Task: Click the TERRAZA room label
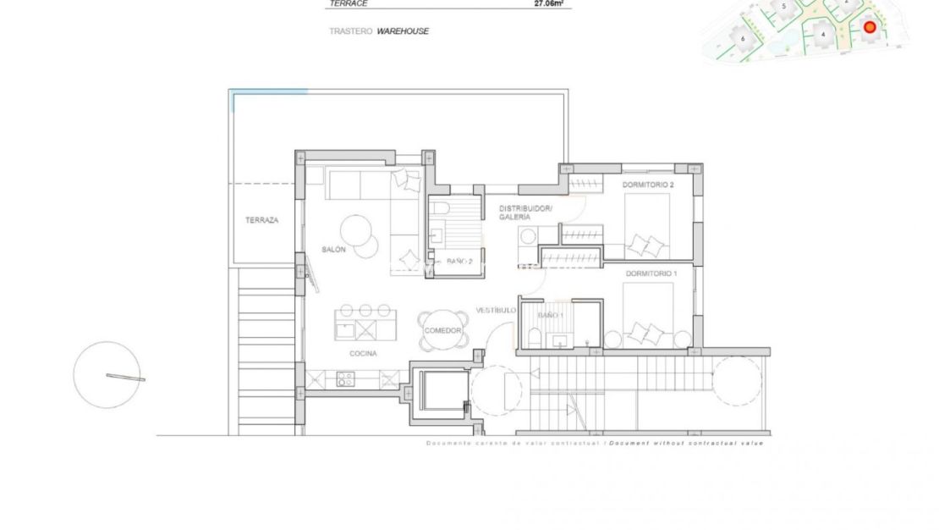261,220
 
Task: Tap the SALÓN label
333,249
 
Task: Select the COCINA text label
362,353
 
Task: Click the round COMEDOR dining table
442,330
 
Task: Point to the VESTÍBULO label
496,310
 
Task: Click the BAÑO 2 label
459,262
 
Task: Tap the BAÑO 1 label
550,315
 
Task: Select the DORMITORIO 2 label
648,185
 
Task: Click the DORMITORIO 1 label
651,273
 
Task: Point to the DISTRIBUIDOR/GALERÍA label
525,213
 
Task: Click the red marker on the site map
869,27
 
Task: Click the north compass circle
107,375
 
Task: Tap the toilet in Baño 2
438,208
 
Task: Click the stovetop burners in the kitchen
345,379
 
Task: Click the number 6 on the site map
742,38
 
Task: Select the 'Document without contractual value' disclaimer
686,443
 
